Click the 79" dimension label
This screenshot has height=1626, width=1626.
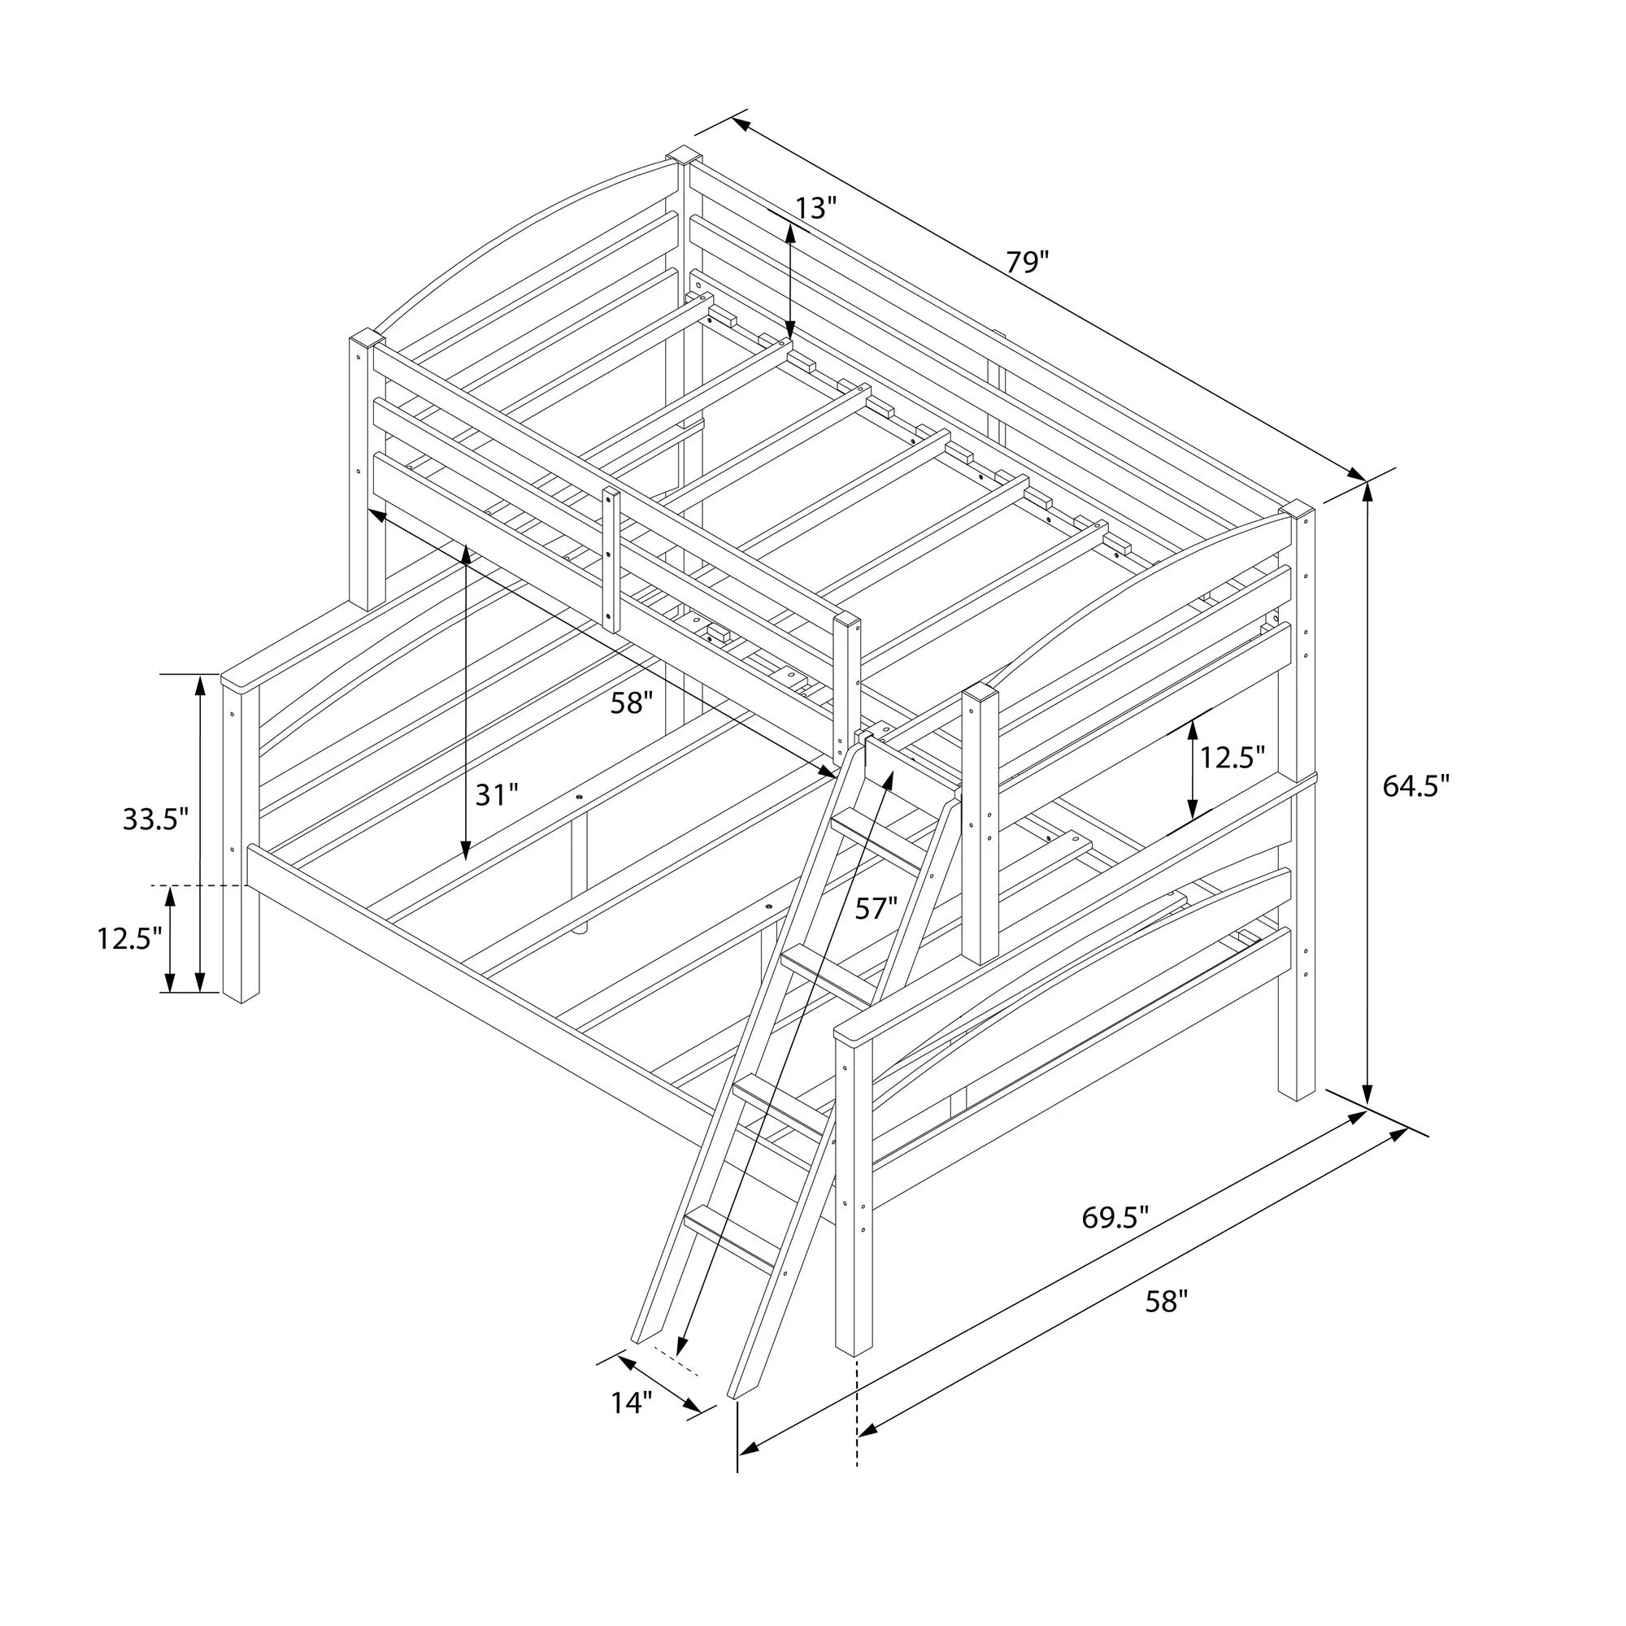tap(1028, 263)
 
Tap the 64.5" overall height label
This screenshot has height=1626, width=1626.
tap(1416, 786)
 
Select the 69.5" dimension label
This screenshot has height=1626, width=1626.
tap(1115, 1217)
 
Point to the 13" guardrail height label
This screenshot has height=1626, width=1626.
tap(815, 208)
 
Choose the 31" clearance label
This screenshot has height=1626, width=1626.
tap(497, 793)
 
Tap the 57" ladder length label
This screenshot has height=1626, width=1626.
tap(876, 908)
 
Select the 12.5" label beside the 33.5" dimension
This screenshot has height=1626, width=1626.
tap(128, 938)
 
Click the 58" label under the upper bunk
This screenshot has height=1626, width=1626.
tap(632, 702)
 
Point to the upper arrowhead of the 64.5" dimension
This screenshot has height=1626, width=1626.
tap(1367, 495)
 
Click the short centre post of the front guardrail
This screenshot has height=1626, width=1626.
tap(611, 559)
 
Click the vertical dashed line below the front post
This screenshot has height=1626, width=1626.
tap(858, 1424)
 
